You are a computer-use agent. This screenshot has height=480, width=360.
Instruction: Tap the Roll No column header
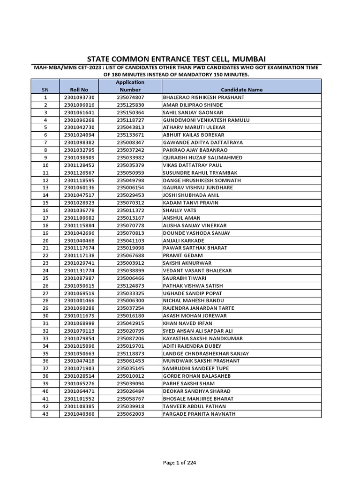pyautogui.click(x=79, y=90)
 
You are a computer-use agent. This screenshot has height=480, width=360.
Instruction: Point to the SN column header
pyautogui.click(x=45, y=90)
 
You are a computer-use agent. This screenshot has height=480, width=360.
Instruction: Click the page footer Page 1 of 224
pyautogui.click(x=180, y=450)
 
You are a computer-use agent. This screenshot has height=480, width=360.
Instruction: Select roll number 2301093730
pyautogui.click(x=79, y=97)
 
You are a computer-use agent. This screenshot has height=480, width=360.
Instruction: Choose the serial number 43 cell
pyautogui.click(x=45, y=414)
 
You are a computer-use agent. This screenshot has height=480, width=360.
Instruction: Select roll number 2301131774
pyautogui.click(x=79, y=270)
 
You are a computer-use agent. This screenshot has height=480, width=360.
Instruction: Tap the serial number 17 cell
pyautogui.click(x=45, y=218)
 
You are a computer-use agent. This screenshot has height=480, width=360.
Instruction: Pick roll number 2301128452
pyautogui.click(x=79, y=165)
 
